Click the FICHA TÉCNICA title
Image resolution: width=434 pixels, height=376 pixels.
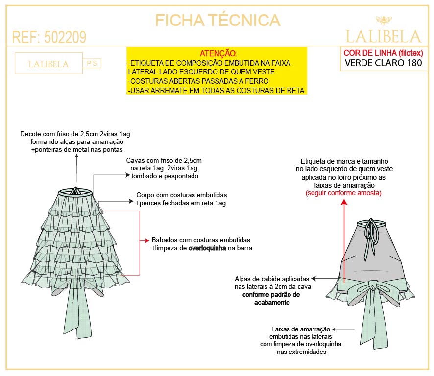217,20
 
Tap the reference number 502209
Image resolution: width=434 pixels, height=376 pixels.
65,37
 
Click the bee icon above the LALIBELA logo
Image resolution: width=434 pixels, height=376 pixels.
384,20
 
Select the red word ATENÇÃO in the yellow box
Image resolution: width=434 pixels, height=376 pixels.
218,53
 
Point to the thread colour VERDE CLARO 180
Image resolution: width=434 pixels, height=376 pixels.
384,63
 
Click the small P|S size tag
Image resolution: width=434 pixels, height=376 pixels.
92,63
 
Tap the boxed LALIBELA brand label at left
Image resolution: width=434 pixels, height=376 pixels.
48,64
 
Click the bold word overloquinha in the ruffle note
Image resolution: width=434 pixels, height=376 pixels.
207,248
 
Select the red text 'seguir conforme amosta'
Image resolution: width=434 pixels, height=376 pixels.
343,193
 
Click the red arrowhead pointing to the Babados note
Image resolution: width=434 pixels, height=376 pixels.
146,241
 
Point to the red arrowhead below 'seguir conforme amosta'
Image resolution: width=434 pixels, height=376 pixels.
344,202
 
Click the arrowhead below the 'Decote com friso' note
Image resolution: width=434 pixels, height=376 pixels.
77,156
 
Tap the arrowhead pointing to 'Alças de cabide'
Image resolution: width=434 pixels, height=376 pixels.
313,279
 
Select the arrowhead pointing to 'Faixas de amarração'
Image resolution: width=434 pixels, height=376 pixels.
334,329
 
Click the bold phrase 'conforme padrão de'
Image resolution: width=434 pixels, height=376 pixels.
271,294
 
